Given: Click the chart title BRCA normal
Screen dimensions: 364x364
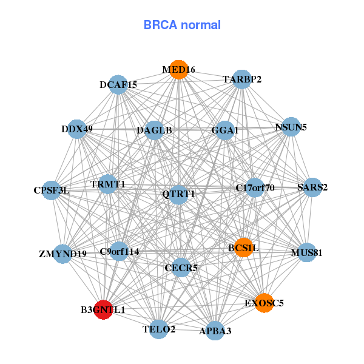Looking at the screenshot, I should (182, 25).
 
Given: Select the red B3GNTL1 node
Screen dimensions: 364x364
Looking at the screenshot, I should (104, 309).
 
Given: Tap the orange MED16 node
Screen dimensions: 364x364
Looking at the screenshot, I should (178, 70).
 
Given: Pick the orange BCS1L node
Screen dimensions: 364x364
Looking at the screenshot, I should (243, 248).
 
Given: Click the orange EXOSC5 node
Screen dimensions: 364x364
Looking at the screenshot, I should (264, 303).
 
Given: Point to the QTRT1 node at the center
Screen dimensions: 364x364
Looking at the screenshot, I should (178, 194).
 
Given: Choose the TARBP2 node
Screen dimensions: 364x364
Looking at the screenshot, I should (241, 79).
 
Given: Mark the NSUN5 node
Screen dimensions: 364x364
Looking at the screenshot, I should (291, 127).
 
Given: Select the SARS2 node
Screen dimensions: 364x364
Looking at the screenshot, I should (312, 187).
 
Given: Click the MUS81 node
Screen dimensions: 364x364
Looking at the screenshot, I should (307, 252).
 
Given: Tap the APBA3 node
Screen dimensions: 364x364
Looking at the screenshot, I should (215, 331).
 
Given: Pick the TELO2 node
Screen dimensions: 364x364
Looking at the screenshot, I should (159, 329).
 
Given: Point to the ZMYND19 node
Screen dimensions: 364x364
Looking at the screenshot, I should (63, 254).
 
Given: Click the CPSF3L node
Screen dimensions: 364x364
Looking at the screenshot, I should (52, 190).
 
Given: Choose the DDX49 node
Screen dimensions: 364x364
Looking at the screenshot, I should (77, 129).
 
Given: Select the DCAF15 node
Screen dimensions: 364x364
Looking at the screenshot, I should (118, 85).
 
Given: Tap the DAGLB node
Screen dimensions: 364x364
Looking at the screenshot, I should (154, 130).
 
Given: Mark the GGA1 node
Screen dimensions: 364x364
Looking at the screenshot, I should (225, 130).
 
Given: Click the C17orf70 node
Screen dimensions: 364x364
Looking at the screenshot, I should (255, 187).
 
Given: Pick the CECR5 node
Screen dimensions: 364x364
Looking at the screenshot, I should (181, 267).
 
